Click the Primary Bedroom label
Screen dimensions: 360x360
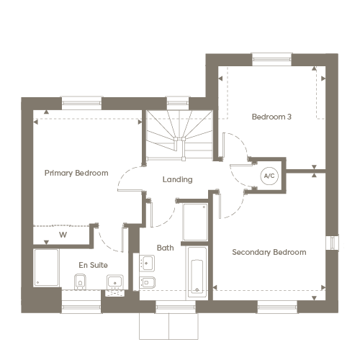(76, 173)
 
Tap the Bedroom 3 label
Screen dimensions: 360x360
(271, 117)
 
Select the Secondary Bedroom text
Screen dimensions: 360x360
(269, 252)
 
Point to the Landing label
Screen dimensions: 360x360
(177, 179)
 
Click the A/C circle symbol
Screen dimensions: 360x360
(269, 176)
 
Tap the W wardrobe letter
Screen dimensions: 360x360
(63, 235)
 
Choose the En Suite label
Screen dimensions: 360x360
(93, 265)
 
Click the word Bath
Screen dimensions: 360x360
(165, 248)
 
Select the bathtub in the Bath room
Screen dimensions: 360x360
(197, 272)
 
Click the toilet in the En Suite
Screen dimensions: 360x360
(80, 282)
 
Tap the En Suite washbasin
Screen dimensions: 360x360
(115, 282)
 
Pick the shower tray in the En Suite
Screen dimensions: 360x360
(46, 268)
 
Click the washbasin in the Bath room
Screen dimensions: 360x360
(147, 264)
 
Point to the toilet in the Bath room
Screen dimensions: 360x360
(147, 282)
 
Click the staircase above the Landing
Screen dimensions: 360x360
(179, 135)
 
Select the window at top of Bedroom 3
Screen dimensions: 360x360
(271, 59)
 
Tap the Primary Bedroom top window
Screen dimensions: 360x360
(81, 103)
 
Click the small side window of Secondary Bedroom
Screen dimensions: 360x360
(333, 243)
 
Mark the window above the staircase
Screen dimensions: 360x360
(178, 103)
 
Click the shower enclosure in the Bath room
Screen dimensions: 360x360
(195, 222)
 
